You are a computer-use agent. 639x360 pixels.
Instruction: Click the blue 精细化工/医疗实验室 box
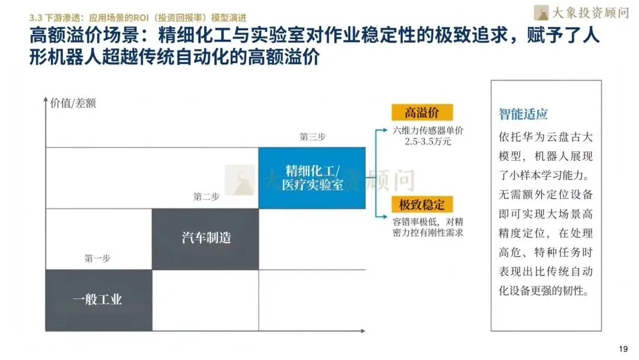[312, 178]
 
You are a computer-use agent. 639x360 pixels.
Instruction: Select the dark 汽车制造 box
[205, 238]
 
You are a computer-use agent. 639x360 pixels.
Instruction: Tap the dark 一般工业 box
[98, 299]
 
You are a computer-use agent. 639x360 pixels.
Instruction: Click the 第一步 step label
[97, 258]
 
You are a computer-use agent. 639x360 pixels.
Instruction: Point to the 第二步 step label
[206, 197]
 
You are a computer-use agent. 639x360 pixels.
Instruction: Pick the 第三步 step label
[312, 137]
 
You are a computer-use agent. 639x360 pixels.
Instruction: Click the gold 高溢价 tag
[422, 112]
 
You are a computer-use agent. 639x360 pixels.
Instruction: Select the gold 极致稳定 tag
[422, 205]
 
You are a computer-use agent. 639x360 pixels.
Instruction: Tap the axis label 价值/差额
[73, 102]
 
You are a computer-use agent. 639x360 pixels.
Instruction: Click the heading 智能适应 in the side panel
[523, 114]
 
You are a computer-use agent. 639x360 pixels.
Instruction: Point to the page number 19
[623, 349]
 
